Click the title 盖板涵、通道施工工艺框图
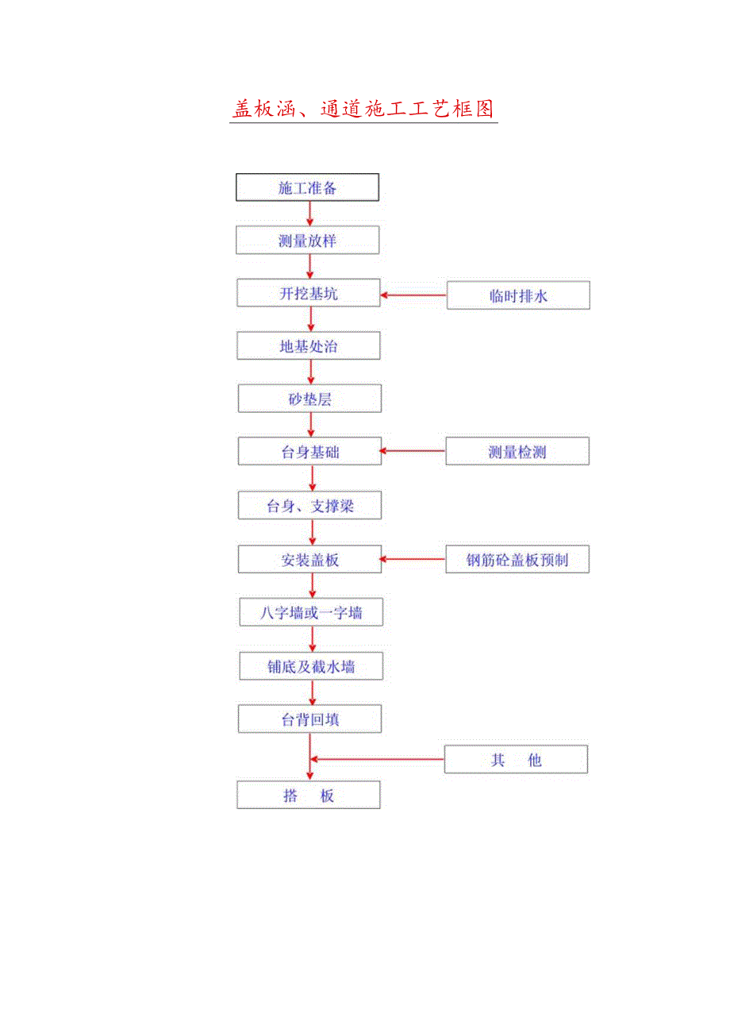364,109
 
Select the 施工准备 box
308,187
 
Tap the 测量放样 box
308,241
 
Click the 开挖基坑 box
309,294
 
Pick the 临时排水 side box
518,295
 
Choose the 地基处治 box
309,346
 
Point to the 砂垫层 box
309,399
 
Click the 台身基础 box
309,452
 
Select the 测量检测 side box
517,452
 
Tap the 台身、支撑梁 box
309,506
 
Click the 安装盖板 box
309,559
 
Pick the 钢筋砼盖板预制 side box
517,559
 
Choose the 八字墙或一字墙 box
311,612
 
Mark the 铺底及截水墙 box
311,666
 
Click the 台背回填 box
309,719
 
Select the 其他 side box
516,760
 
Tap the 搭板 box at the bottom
309,796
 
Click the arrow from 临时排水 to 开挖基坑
413,295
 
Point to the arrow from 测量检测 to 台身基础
413,452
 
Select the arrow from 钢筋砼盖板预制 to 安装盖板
413,559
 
